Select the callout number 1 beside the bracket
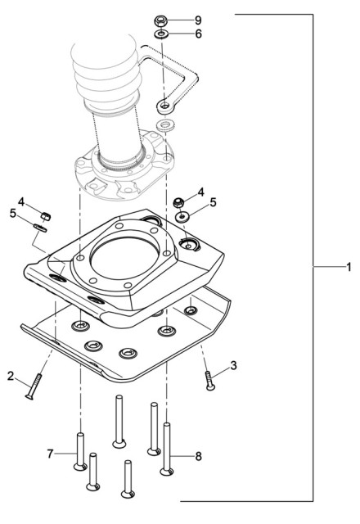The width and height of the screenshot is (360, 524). pyautogui.click(x=348, y=268)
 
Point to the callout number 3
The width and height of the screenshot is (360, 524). pyautogui.click(x=233, y=366)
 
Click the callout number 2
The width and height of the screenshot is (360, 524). pyautogui.click(x=11, y=377)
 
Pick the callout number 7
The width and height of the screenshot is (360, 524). pyautogui.click(x=51, y=453)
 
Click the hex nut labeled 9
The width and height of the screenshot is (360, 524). pyautogui.click(x=162, y=20)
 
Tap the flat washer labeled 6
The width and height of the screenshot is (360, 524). pyautogui.click(x=162, y=34)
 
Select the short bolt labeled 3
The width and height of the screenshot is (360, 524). pyautogui.click(x=209, y=380)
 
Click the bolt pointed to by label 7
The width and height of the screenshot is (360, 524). pyautogui.click(x=79, y=451)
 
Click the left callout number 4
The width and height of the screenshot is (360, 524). pyautogui.click(x=22, y=201)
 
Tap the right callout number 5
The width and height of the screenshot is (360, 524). pyautogui.click(x=213, y=201)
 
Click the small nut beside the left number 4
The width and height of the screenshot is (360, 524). pyautogui.click(x=47, y=215)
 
